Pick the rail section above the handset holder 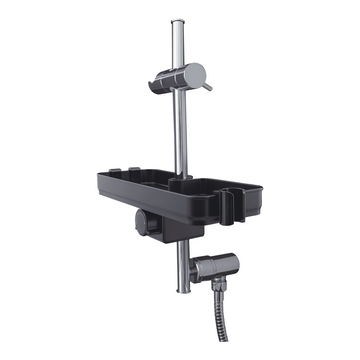click(x=178, y=45)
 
